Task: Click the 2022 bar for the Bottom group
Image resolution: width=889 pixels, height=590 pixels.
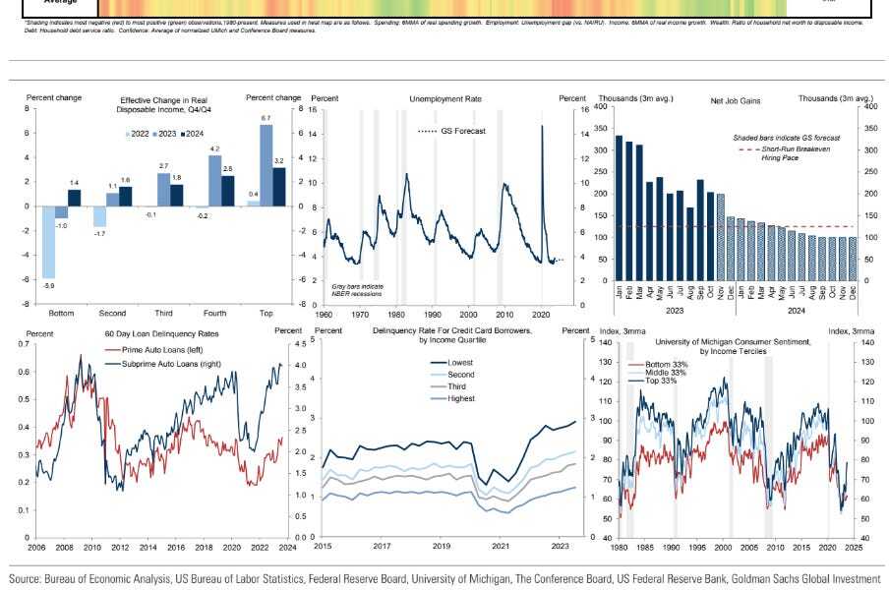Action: click(x=47, y=242)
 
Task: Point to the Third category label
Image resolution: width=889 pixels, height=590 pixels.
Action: click(x=163, y=313)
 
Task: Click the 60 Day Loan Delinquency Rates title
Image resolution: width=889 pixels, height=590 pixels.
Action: click(x=148, y=332)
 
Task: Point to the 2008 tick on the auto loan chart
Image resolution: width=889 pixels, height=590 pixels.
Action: click(x=63, y=547)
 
